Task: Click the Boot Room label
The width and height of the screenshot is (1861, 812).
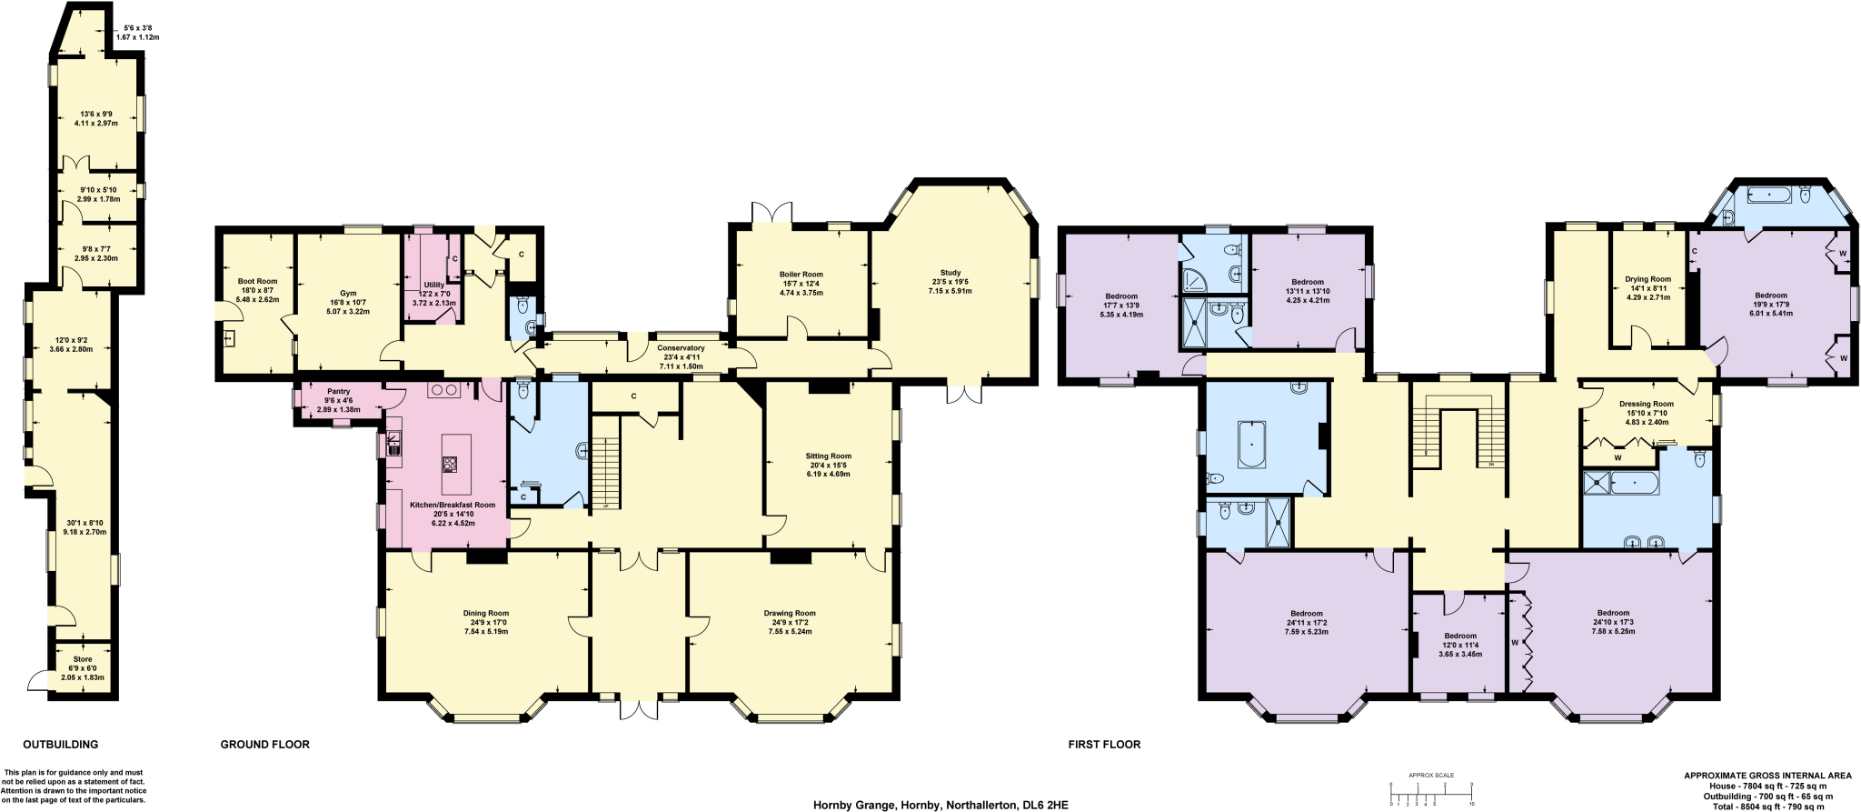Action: pyautogui.click(x=257, y=282)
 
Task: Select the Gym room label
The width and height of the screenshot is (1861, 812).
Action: pyautogui.click(x=348, y=294)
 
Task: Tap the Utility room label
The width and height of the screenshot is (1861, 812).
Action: pyautogui.click(x=433, y=286)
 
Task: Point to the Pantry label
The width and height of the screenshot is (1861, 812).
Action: pyautogui.click(x=338, y=392)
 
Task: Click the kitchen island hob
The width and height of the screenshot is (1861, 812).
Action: pyautogui.click(x=449, y=465)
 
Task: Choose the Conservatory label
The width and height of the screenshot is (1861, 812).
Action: pyautogui.click(x=681, y=348)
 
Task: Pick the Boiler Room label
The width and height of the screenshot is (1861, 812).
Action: pyautogui.click(x=801, y=275)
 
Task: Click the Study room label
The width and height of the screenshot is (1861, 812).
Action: pyautogui.click(x=950, y=273)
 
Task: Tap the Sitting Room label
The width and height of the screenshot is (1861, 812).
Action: pyautogui.click(x=828, y=456)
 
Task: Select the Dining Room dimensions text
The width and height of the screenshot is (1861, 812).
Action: pyautogui.click(x=486, y=627)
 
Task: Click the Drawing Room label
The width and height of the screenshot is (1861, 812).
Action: pyautogui.click(x=790, y=614)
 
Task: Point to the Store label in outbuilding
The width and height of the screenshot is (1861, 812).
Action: pyautogui.click(x=83, y=659)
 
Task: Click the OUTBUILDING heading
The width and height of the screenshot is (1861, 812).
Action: pyautogui.click(x=60, y=745)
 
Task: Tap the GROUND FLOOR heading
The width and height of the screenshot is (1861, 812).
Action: pyautogui.click(x=264, y=745)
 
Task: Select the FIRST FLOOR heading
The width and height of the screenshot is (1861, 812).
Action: pyautogui.click(x=1104, y=745)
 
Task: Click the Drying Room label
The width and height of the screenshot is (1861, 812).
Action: pyautogui.click(x=1647, y=280)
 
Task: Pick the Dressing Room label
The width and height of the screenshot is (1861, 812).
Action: pyautogui.click(x=1646, y=405)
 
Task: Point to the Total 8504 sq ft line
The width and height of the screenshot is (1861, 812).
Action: pyautogui.click(x=1755, y=807)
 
